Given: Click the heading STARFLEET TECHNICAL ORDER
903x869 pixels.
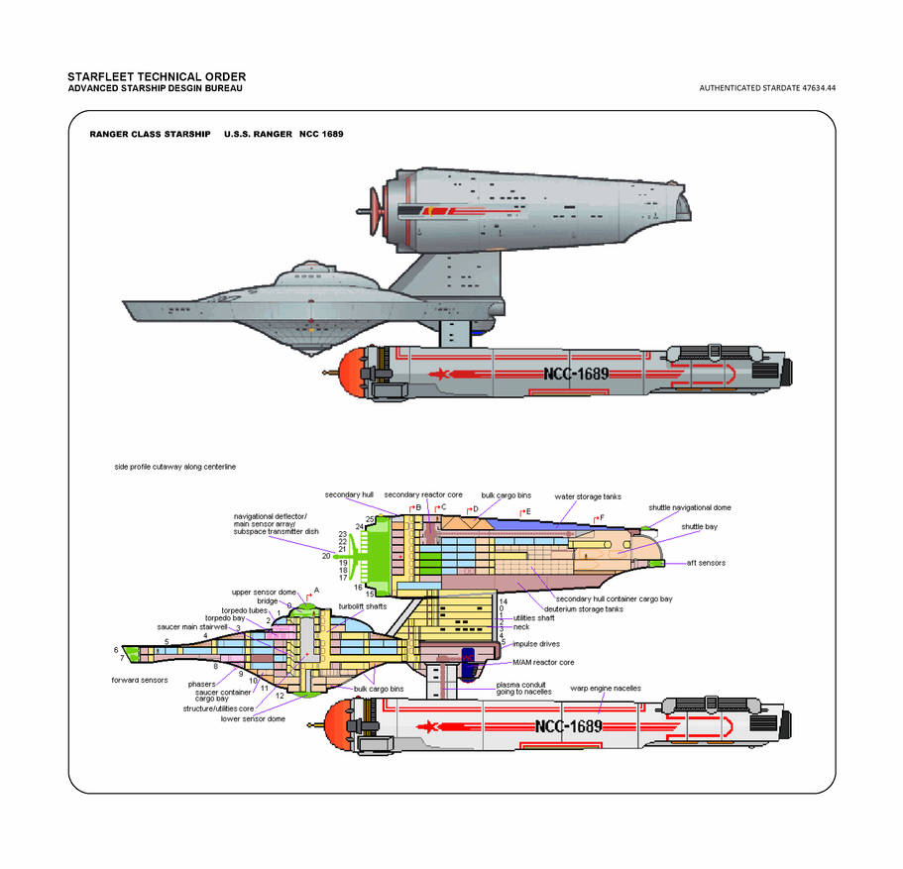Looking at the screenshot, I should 157,77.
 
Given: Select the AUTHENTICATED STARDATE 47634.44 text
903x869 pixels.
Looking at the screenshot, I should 767,88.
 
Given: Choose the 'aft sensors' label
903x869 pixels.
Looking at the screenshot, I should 706,563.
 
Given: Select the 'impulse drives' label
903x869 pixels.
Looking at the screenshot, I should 536,644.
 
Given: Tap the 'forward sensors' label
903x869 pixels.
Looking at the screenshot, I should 139,681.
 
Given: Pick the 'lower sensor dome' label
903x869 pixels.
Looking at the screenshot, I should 253,718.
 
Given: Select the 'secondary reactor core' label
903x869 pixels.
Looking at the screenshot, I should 423,494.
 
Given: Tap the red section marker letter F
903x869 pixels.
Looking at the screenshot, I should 601,517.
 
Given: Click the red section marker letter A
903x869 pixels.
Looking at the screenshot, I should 316,590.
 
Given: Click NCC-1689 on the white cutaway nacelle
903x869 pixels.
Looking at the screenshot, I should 568,726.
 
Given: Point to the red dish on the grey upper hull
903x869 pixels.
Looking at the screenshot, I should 374,209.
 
